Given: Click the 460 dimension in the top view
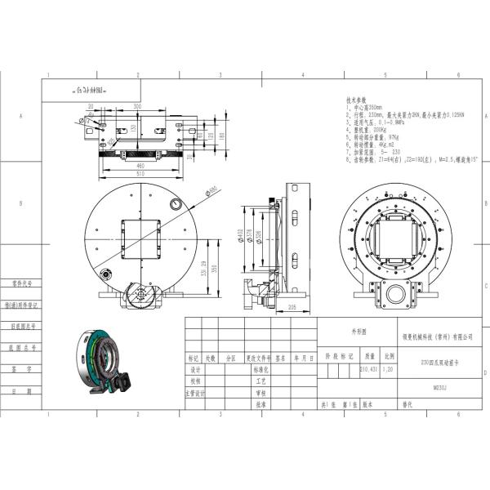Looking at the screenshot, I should click(142, 166).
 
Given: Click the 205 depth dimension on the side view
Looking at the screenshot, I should click(291, 306).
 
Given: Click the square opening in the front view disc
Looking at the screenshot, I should click(140, 240).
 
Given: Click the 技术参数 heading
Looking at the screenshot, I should click(357, 100).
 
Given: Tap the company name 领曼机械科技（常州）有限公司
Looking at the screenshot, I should click(437, 336).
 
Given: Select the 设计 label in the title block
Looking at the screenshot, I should click(194, 369).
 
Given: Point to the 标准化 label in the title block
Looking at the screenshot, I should click(261, 369).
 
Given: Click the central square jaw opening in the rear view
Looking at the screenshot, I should click(395, 237).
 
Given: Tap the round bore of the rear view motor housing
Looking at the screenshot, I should click(394, 296).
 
